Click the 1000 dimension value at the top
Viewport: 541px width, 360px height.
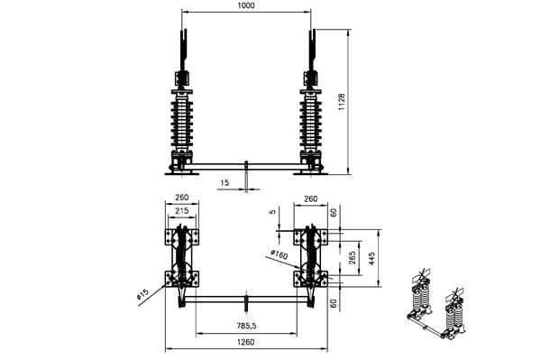[x=246, y=5]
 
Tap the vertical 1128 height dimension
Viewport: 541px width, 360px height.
[x=341, y=102]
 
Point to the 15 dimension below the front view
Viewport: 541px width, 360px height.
[x=225, y=182]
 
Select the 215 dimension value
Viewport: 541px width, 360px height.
[x=182, y=210]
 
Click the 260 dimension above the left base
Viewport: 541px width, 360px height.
[x=182, y=197]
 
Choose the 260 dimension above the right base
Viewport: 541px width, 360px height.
[x=310, y=198]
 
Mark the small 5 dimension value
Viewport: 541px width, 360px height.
[x=273, y=212]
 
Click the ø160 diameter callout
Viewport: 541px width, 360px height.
[x=280, y=254]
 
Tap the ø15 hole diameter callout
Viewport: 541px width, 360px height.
[x=142, y=294]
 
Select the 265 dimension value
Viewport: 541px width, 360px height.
[x=353, y=258]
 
